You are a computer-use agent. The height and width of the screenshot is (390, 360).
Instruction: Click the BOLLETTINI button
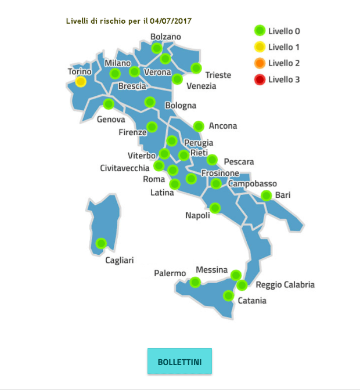[179, 362]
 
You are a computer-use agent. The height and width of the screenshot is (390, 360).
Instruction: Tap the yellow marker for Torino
[81, 82]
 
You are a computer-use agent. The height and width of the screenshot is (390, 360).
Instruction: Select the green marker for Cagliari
[101, 243]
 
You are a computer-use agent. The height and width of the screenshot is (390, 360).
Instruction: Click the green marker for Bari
[266, 195]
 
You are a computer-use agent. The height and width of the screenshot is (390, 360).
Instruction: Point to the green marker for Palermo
[195, 282]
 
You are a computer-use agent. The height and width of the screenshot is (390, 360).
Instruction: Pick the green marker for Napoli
[215, 208]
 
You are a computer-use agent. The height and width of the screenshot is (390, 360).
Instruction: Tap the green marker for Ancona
[199, 125]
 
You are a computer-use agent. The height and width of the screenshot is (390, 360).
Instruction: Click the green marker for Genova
[108, 104]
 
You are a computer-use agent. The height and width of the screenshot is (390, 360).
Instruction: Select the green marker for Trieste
[196, 68]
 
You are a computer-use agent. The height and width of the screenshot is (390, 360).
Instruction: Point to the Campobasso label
[251, 184]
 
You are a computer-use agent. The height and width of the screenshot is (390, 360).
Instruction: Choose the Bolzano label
[165, 37]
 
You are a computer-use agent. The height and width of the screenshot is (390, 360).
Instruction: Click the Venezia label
[201, 86]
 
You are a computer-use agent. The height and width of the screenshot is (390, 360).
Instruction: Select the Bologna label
[181, 106]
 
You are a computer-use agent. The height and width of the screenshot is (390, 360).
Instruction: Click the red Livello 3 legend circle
[260, 80]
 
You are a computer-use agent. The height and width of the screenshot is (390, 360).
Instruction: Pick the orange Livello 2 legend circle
[260, 63]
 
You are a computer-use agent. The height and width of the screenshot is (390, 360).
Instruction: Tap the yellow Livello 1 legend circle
[260, 47]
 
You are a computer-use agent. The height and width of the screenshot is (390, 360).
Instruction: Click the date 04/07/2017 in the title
[171, 21]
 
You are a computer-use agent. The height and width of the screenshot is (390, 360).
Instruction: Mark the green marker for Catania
[228, 296]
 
